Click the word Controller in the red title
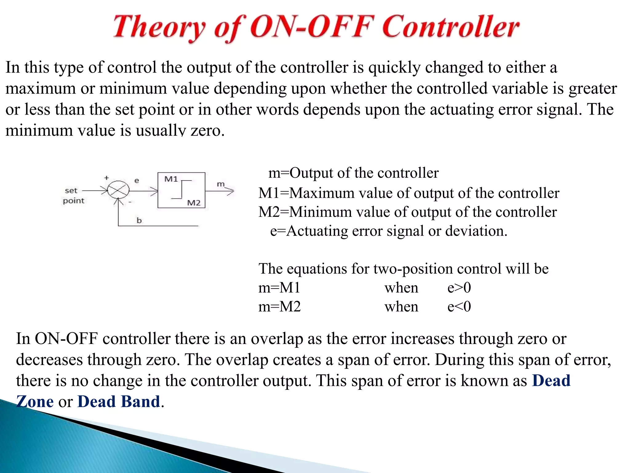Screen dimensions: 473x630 [451, 27]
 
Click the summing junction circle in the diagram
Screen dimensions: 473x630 [118, 190]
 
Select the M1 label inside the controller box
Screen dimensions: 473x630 [171, 179]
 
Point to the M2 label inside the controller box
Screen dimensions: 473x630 [193, 203]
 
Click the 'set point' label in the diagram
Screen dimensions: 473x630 [73, 196]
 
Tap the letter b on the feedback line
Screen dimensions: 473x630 [139, 220]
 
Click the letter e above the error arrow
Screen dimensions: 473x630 [137, 180]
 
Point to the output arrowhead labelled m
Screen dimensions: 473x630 [230, 191]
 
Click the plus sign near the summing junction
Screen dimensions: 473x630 [106, 178]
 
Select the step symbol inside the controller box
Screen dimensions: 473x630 [182, 189]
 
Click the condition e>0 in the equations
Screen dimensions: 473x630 [459, 288]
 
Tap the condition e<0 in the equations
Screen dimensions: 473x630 [459, 307]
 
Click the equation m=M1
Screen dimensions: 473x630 [279, 288]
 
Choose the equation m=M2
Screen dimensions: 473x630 [279, 307]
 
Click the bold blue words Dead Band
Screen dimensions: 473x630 [119, 402]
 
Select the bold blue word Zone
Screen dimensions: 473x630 [35, 402]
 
